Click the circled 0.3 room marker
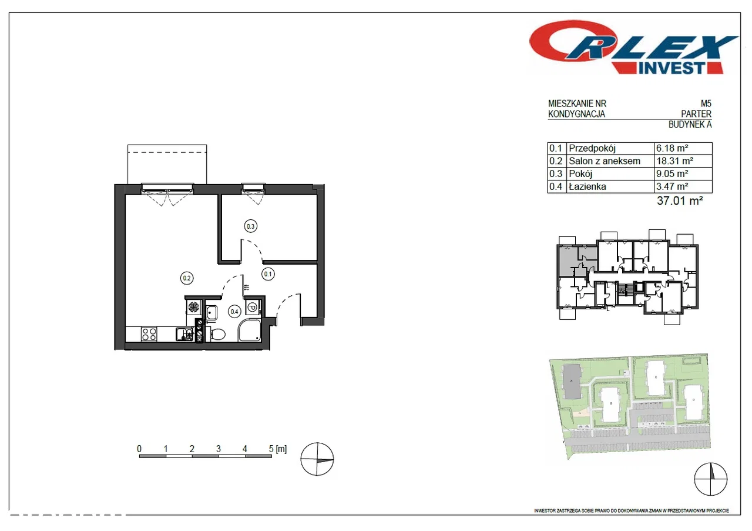point(250,226)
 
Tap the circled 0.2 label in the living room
point(187,278)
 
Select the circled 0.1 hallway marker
point(268,274)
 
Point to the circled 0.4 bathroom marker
point(234,312)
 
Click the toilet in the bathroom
point(217,334)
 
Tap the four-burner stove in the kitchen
point(149,334)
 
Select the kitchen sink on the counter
point(184,334)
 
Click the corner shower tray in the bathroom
point(250,330)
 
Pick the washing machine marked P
point(253,307)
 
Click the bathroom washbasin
point(211,313)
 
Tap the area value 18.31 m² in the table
point(675,161)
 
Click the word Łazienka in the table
point(587,186)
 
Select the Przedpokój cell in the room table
point(592,148)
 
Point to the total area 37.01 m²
point(680,201)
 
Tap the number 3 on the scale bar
point(218,449)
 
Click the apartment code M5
point(706,103)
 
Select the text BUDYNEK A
point(690,124)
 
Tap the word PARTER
point(696,114)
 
